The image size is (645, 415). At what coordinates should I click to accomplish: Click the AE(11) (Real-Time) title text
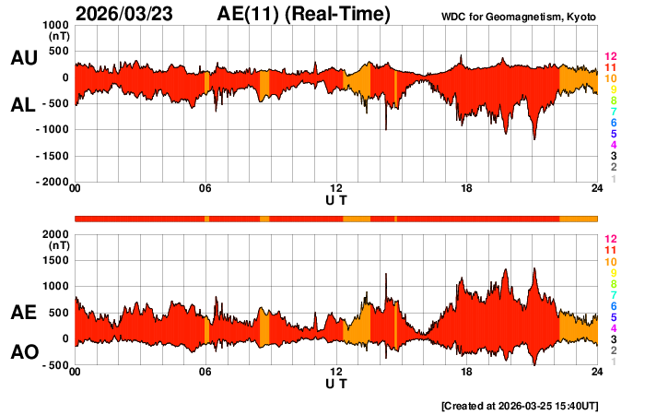[x=305, y=14]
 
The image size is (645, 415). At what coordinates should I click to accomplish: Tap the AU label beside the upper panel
[x=23, y=58]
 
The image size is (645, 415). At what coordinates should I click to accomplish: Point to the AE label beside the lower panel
[x=23, y=313]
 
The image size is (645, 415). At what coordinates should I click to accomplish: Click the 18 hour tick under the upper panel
[x=467, y=189]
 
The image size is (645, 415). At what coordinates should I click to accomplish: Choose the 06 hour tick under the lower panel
[x=205, y=372]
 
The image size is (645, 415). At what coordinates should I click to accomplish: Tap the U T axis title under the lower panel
[x=336, y=384]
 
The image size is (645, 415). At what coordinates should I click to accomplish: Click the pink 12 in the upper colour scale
[x=608, y=56]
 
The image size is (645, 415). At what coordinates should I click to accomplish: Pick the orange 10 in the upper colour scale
[x=608, y=78]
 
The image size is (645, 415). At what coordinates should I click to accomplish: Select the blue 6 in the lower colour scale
[x=611, y=305]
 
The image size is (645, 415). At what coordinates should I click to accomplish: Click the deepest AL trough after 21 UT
[x=534, y=138]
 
